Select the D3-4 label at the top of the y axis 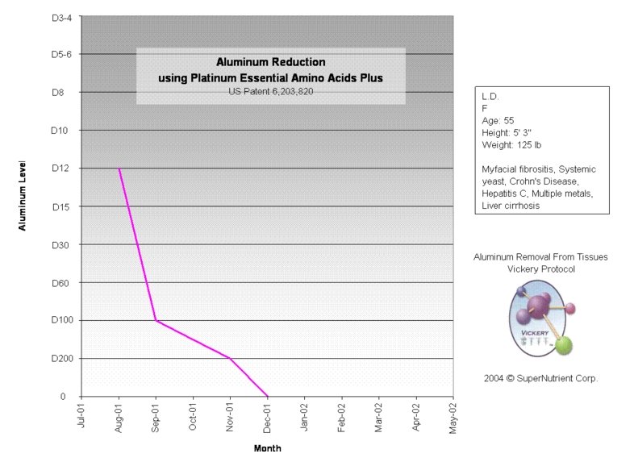coord(60,16)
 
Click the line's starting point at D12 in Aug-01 coord(119,169)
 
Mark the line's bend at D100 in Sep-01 coord(156,321)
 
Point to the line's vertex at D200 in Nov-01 coord(230,358)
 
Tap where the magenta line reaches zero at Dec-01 coord(267,396)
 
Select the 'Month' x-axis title coord(267,448)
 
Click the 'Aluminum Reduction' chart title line coord(269,62)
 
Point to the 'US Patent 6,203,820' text coord(269,91)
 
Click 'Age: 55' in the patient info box coord(498,121)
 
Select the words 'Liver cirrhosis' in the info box coord(511,206)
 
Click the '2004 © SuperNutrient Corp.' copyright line coord(540,377)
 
